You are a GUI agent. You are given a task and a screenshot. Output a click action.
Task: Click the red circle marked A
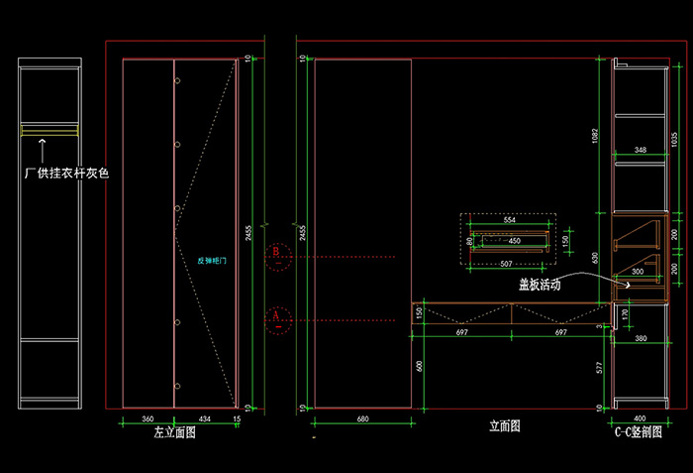[279, 319]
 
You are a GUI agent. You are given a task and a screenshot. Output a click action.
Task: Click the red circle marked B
[279, 256]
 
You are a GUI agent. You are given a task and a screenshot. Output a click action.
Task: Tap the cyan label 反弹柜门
[213, 262]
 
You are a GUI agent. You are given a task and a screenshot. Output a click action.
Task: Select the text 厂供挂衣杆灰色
[66, 173]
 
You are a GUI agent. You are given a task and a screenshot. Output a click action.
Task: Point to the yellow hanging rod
[49, 130]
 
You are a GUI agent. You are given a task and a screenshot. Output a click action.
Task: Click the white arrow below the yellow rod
[42, 149]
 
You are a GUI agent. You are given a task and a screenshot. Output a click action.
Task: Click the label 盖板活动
[540, 285]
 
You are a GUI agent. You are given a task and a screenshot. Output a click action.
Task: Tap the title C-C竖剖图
[638, 433]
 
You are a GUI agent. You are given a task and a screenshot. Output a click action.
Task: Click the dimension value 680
[362, 419]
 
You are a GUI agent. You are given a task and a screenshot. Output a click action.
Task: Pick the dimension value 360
[148, 419]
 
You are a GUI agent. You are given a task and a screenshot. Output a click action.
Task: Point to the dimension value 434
[204, 419]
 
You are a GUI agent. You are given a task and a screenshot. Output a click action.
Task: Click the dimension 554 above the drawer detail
[509, 219]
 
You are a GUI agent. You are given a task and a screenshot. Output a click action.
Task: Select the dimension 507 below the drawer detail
[507, 264]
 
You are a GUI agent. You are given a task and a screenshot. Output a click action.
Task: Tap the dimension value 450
[514, 241]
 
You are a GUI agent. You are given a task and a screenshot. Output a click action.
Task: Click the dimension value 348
[640, 150]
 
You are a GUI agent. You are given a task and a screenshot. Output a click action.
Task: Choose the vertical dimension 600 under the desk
[420, 365]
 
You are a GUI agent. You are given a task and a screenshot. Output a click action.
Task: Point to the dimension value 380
[641, 339]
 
